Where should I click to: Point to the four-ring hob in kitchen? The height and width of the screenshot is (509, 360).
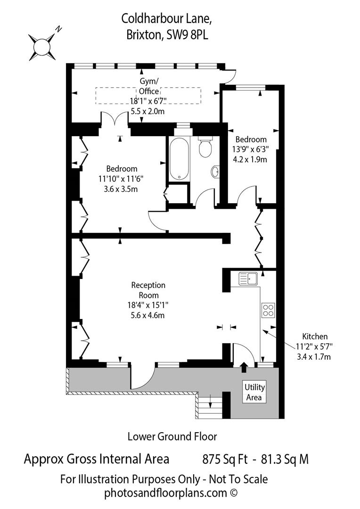pyautogui.click(x=268, y=310)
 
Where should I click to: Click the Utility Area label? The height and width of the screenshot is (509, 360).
pyautogui.click(x=254, y=392)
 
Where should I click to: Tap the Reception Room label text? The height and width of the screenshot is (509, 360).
pyautogui.click(x=148, y=289)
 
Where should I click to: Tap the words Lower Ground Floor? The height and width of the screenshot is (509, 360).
pyautogui.click(x=172, y=436)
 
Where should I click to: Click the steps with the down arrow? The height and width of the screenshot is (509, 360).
pyautogui.click(x=210, y=403)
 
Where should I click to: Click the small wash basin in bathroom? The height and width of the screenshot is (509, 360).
pyautogui.click(x=216, y=172)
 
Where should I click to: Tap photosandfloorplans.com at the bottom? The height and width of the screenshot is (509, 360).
pyautogui.click(x=164, y=493)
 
